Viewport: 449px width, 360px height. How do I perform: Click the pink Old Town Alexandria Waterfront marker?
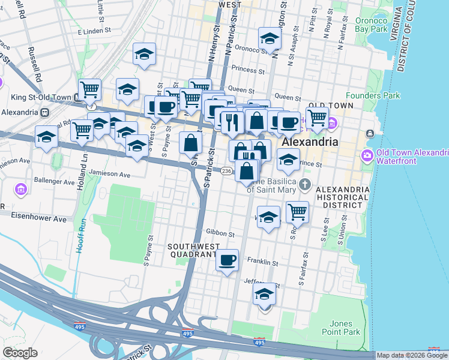tap(366, 155)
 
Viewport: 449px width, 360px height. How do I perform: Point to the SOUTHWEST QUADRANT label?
tap(191, 250)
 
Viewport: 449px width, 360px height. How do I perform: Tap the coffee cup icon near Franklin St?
tap(227, 260)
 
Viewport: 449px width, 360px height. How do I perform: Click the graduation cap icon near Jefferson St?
tap(265, 295)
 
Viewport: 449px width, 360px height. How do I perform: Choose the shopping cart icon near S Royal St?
tap(297, 211)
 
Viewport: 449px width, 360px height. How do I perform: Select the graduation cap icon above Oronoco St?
tap(270, 39)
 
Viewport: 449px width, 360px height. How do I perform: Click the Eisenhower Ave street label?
tap(41, 219)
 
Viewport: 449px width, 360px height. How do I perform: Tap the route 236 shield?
tap(226, 171)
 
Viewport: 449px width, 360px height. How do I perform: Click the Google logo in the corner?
tap(20, 353)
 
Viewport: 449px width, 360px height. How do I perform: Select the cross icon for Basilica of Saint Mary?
tap(306, 184)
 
